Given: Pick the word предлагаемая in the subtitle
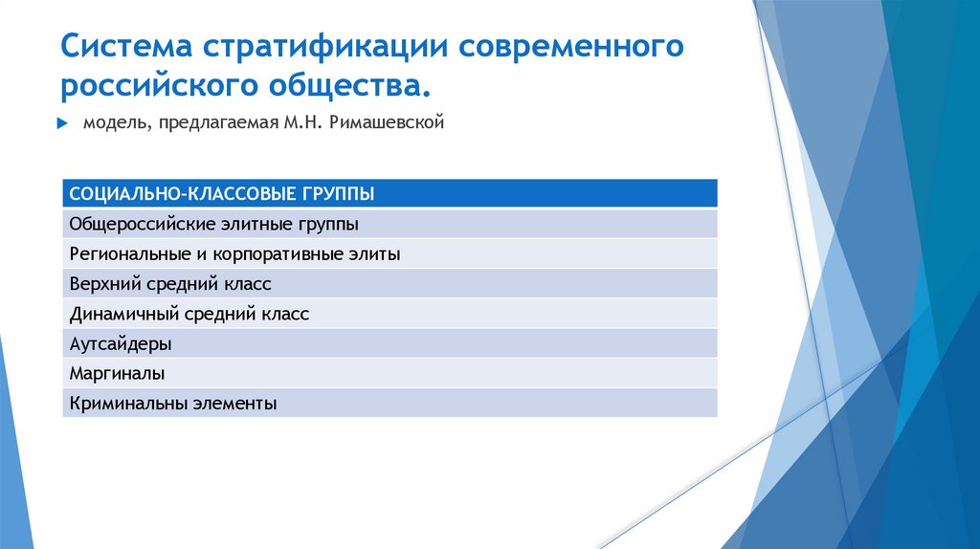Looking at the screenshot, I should [214, 122].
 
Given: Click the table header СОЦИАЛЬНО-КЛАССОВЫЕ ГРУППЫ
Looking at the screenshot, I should [221, 194].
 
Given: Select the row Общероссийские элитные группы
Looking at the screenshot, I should [214, 225].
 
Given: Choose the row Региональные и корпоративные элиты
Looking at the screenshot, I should [234, 254].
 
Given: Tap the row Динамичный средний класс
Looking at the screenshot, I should [189, 314].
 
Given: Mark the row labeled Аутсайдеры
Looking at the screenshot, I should [121, 343].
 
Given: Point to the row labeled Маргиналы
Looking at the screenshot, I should [117, 373].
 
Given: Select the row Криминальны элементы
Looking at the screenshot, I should [173, 403].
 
